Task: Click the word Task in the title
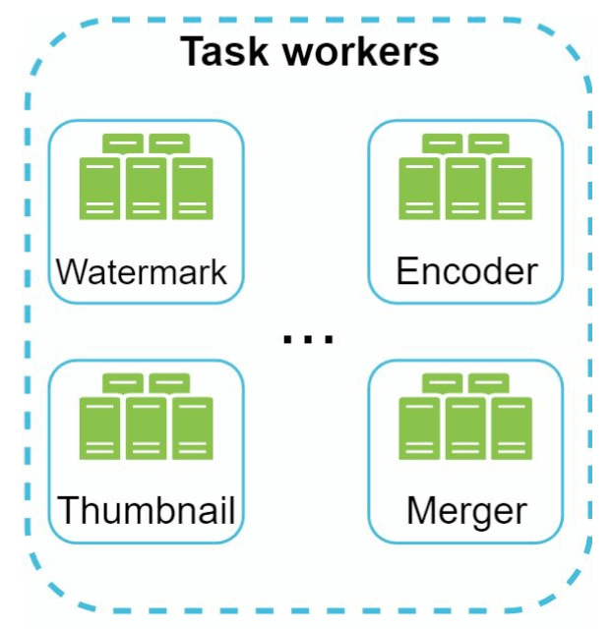point(218,51)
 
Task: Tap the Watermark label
point(142,271)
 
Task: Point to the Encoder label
point(466,271)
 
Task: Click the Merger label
point(466,511)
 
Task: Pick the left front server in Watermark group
point(100,189)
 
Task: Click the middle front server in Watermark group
point(146,189)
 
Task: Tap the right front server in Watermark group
point(192,189)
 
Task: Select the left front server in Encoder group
point(420,189)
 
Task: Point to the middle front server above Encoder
point(465,189)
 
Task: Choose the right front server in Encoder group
point(511,189)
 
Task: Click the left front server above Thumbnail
point(100,429)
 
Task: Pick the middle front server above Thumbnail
point(146,429)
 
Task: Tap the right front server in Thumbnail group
point(192,429)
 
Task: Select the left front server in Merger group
point(420,429)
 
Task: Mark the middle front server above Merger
point(465,429)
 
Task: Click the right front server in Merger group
point(511,429)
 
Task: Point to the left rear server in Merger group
point(443,383)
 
